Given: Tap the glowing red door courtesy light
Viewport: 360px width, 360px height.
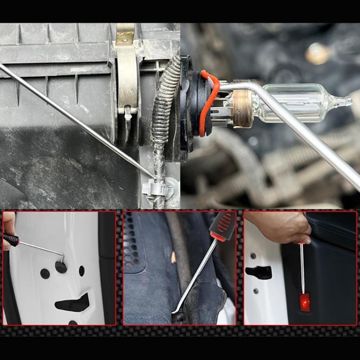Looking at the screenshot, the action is [305, 302].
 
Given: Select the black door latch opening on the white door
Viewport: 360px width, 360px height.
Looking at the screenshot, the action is [259, 272].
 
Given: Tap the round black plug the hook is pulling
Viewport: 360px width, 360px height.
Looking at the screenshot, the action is [61, 267].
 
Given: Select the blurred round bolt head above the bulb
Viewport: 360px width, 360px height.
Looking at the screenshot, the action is [317, 54].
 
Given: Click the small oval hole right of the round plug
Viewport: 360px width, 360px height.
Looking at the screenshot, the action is [81, 270].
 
